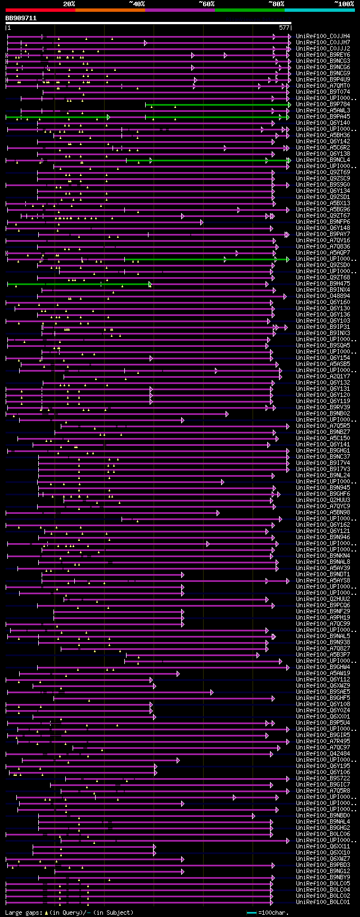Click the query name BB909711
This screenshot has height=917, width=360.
point(21,18)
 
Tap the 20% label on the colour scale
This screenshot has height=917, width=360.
point(69,4)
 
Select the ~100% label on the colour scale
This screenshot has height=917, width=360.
point(344,4)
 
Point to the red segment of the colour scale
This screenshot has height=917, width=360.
point(40,10)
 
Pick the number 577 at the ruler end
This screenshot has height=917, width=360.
point(284,28)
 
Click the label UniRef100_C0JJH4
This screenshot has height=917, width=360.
point(323,37)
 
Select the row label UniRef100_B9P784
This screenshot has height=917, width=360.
point(323,105)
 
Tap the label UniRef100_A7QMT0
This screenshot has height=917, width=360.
point(323,86)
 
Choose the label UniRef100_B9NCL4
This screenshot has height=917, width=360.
point(323,160)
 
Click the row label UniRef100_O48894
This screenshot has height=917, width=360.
point(323,296)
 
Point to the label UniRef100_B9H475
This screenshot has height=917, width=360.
point(323,284)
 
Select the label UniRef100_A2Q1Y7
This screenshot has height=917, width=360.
point(323,377)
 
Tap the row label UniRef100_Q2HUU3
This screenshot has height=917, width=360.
point(323,500)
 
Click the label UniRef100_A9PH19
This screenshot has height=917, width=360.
point(323,618)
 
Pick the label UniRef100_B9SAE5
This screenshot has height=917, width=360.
point(323,692)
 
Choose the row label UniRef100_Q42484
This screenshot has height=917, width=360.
point(323,754)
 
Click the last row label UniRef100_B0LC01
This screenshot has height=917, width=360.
point(323,902)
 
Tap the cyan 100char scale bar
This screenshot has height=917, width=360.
point(251,913)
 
